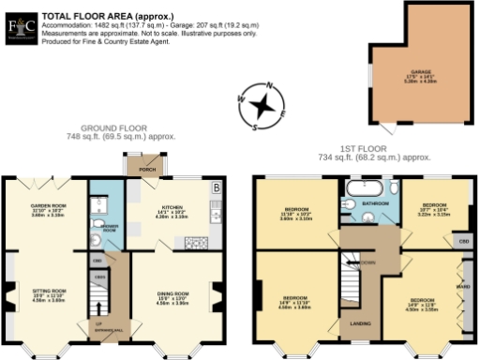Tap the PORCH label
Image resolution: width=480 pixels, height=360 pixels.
[147, 170]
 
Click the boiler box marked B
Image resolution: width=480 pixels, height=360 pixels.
[217, 186]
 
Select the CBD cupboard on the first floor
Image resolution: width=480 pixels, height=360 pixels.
[463, 241]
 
